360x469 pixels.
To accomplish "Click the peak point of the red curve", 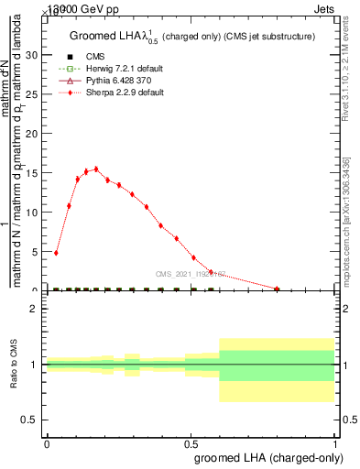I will tap(96, 169).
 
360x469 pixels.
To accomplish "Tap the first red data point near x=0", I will tap(57, 253).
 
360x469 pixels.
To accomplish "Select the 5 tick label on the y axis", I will tap(35, 252).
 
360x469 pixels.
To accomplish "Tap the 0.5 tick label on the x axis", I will tap(191, 442).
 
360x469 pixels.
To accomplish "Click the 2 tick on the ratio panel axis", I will tap(34, 309).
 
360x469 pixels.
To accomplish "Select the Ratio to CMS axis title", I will tap(15, 365).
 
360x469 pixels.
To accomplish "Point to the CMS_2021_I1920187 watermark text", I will tap(193, 273).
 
